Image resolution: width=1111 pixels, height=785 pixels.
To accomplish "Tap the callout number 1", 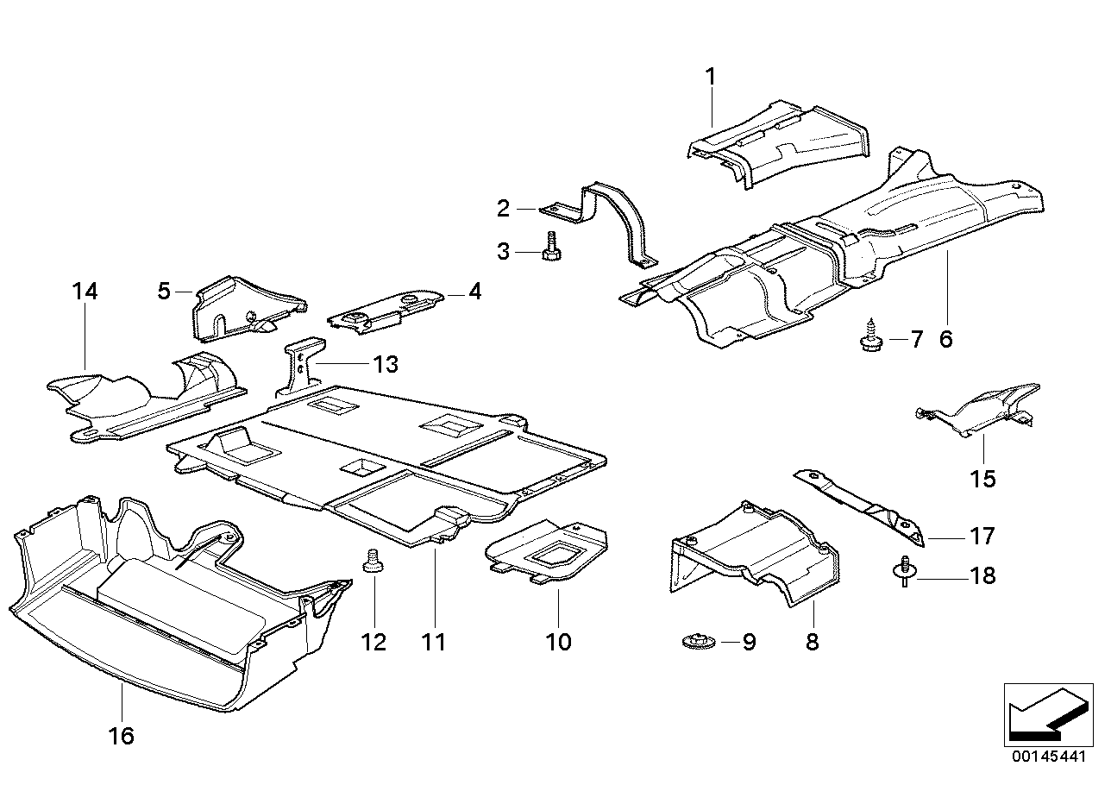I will (x=711, y=78).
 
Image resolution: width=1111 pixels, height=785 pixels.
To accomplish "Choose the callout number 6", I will (x=946, y=338).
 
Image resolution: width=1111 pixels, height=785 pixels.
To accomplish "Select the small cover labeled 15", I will (x=983, y=411).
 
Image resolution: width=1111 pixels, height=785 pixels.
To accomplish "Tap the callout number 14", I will (x=85, y=292).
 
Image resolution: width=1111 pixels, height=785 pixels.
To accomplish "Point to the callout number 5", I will (x=164, y=291).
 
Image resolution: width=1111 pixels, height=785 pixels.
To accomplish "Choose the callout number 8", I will (x=812, y=642).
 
